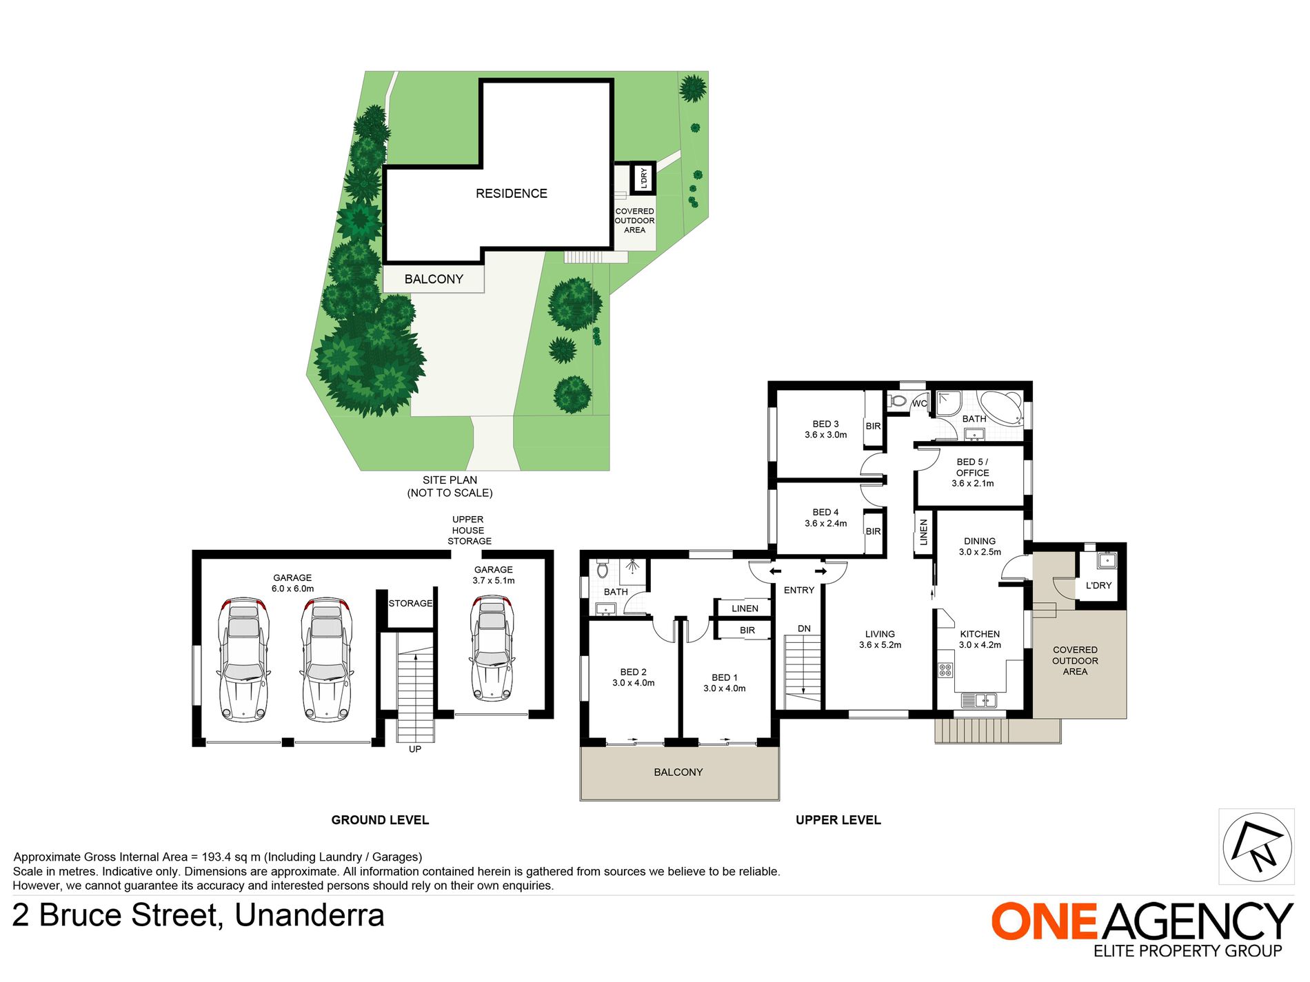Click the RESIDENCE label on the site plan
(511, 194)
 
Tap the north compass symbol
(1257, 847)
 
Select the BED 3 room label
(826, 429)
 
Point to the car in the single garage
(492, 648)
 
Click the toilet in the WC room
(898, 400)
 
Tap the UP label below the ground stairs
(414, 749)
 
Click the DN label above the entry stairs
(804, 628)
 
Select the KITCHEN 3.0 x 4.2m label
(980, 640)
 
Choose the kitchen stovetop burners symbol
(945, 670)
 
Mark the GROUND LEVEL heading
(380, 820)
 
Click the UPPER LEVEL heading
(838, 820)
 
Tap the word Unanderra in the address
(309, 916)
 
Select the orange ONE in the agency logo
(1044, 921)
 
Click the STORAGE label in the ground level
(410, 603)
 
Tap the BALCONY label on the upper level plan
(678, 773)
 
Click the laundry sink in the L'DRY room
(1107, 560)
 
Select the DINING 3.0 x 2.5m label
(980, 546)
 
